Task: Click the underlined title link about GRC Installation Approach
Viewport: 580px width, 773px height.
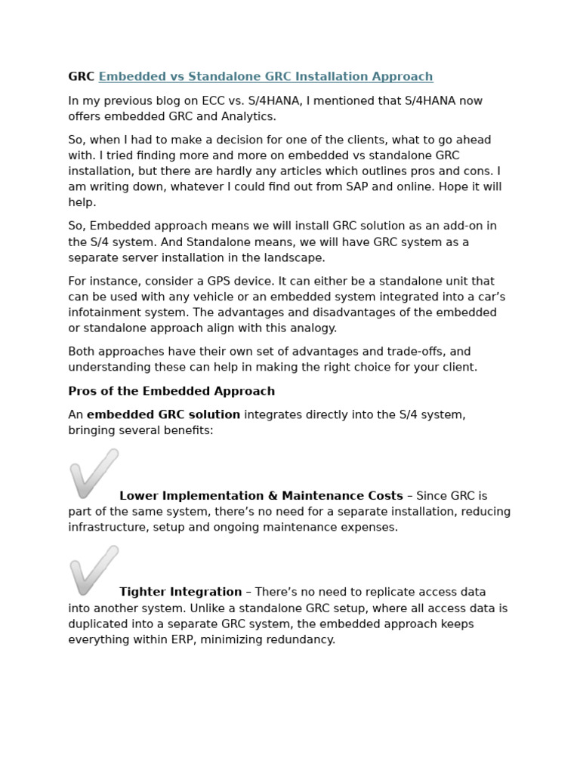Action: pos(266,77)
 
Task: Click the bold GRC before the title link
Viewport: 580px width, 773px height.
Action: pos(81,77)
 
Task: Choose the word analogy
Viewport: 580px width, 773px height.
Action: pos(310,328)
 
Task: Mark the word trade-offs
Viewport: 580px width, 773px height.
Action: pos(421,352)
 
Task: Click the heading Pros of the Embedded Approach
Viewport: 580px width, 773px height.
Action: pos(171,391)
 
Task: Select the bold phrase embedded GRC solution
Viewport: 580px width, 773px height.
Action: pos(163,414)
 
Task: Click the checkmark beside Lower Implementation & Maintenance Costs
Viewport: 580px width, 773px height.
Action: pos(94,473)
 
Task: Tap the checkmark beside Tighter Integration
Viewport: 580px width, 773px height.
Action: pos(94,570)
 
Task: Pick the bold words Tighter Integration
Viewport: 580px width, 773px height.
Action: pos(180,593)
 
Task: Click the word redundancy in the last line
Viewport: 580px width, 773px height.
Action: pos(300,639)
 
